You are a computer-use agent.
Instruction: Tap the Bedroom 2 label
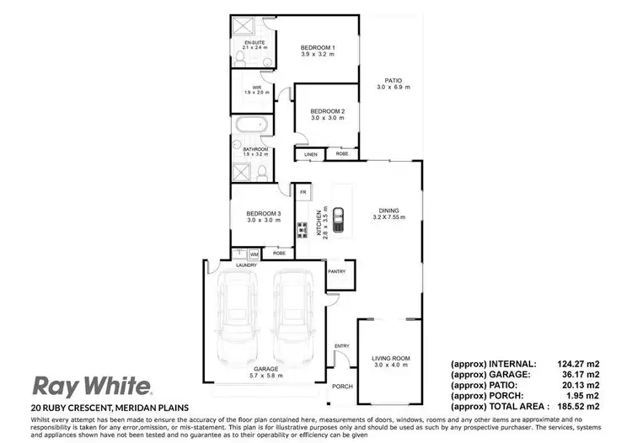point(327,111)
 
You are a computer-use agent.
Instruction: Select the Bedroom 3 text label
point(263,214)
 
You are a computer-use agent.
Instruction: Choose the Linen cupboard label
point(310,155)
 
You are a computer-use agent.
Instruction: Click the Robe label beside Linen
point(342,155)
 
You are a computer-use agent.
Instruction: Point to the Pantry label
point(338,271)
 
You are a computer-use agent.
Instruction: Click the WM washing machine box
point(254,254)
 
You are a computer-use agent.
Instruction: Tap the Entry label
point(341,346)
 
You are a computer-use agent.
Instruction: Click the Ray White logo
point(92,386)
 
